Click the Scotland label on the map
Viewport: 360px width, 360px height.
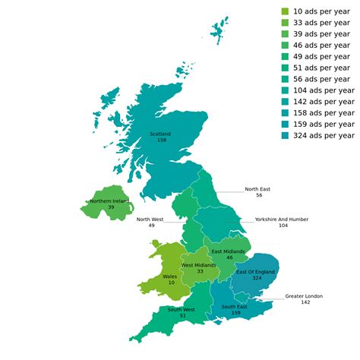coord(160,134)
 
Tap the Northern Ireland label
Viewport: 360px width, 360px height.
coord(110,201)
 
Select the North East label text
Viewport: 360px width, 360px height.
coord(257,189)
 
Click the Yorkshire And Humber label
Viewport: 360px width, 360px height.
coord(282,219)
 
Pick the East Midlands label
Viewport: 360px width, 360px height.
coord(229,251)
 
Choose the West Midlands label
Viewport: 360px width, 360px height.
coord(199,265)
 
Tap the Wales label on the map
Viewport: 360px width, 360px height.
coord(170,276)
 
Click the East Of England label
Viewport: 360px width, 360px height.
coord(255,271)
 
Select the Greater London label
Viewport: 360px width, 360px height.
coord(304,295)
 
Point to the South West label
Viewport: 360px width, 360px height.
coord(182,309)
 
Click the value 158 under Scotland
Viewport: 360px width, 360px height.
coord(162,141)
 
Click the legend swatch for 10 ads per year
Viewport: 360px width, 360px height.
coord(285,11)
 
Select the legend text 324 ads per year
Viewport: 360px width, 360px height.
coord(324,136)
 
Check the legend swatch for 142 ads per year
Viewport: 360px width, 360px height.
coord(285,102)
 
